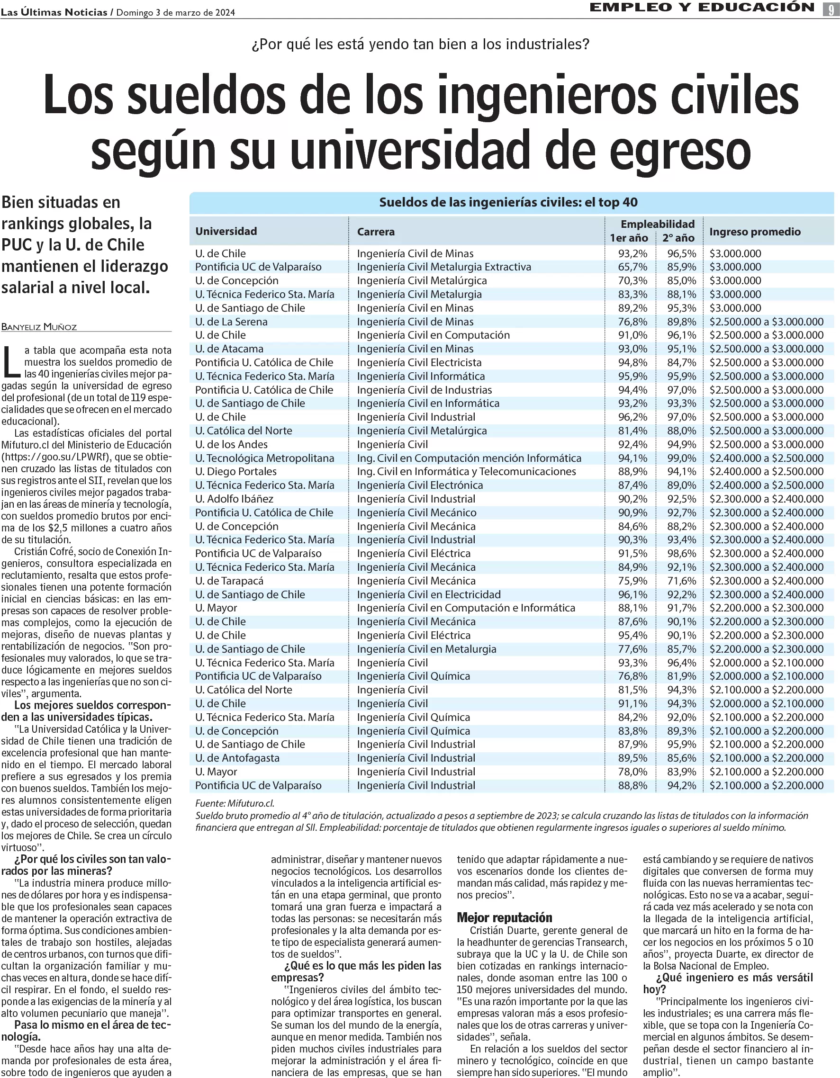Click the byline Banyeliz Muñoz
point(39,327)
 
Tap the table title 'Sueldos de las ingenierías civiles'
point(508,202)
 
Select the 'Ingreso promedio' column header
point(755,232)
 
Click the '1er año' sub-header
point(629,238)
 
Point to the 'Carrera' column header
point(376,232)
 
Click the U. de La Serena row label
point(231,322)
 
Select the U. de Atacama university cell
point(229,349)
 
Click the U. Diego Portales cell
point(235,471)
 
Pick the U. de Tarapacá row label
point(229,581)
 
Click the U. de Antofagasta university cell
point(237,758)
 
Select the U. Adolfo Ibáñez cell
point(234,499)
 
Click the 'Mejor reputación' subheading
point(505,917)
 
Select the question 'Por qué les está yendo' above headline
point(420,45)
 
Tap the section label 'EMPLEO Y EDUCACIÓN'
point(702,8)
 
